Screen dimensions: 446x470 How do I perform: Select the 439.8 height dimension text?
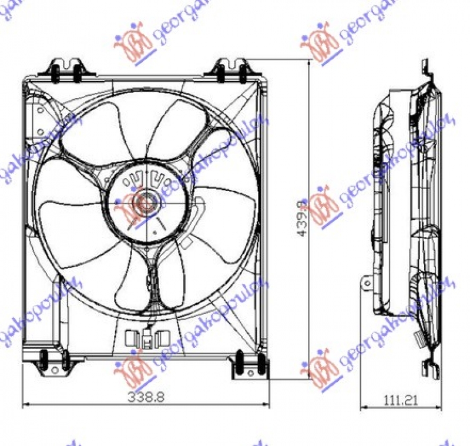click(302, 219)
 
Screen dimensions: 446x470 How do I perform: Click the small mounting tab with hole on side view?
click(368, 283)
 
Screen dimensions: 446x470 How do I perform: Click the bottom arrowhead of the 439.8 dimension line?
click(310, 377)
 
